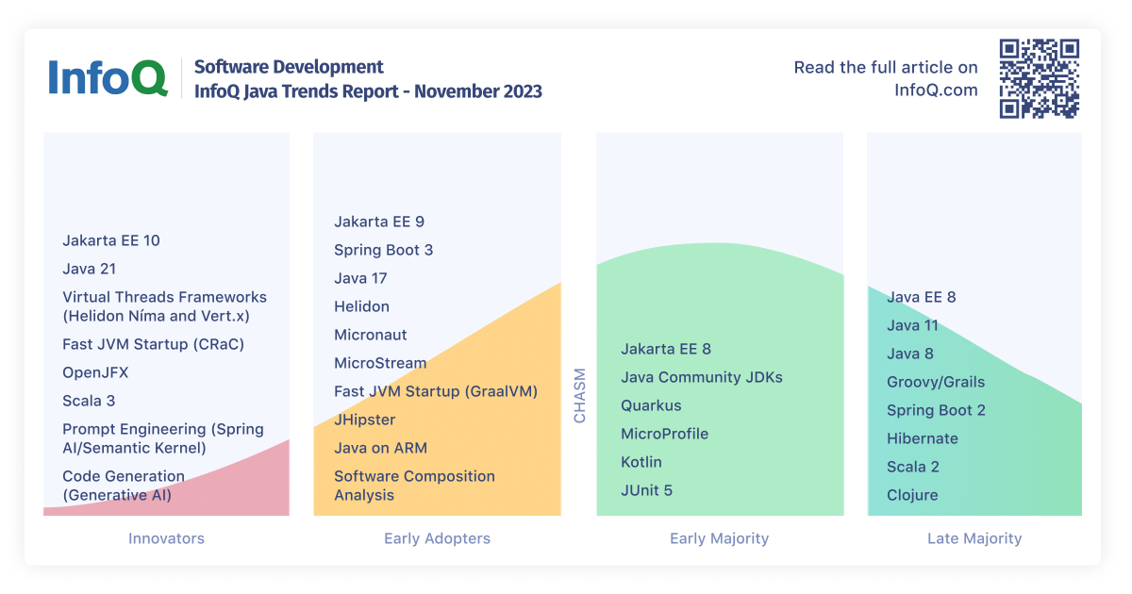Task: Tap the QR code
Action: (1039, 78)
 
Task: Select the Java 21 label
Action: (90, 269)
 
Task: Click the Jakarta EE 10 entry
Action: (111, 240)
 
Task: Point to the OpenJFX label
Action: (95, 372)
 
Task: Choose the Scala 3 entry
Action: (89, 401)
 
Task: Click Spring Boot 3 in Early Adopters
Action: (383, 250)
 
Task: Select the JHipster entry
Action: (365, 420)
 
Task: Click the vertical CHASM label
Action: (579, 395)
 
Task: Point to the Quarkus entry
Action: (651, 405)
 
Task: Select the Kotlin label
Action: (641, 462)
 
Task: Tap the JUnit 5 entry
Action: (646, 490)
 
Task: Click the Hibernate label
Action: (922, 438)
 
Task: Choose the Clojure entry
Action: (912, 495)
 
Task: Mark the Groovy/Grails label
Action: (935, 382)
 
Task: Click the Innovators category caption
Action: (166, 538)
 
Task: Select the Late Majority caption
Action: (974, 538)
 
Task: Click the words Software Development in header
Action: (289, 67)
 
